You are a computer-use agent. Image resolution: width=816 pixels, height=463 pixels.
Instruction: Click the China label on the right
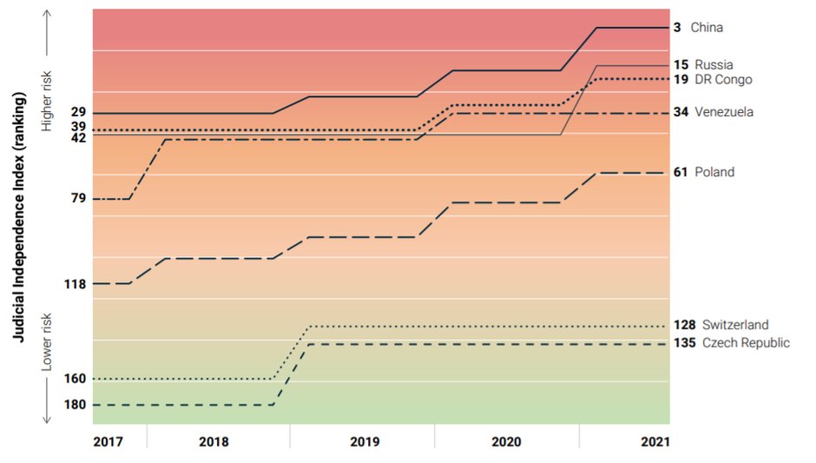[x=707, y=28]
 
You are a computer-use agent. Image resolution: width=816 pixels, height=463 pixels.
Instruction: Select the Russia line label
[x=714, y=64]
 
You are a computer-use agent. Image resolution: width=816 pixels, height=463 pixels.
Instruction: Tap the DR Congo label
[x=723, y=79]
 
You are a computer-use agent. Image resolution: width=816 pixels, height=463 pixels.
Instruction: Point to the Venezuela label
[x=723, y=112]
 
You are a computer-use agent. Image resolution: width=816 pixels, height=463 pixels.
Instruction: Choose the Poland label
[x=714, y=172]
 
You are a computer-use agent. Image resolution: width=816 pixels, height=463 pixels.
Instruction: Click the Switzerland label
[x=735, y=325]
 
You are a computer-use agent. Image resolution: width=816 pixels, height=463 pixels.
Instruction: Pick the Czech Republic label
[x=746, y=342]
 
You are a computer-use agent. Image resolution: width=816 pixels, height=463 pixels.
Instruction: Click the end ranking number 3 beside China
[x=677, y=28]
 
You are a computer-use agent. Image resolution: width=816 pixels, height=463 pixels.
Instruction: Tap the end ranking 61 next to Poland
[x=681, y=172]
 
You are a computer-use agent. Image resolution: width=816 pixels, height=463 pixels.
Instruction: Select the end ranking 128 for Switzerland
[x=684, y=325]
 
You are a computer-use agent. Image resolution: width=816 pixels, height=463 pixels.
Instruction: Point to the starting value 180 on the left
[x=76, y=405]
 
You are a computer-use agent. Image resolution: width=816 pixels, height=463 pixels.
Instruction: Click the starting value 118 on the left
[x=76, y=283]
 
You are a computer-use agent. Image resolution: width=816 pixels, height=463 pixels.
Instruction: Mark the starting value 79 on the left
[x=78, y=199]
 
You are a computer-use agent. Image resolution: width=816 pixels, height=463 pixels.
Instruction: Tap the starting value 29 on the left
[x=78, y=113]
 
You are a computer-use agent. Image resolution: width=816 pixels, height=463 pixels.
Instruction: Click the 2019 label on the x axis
[x=364, y=441]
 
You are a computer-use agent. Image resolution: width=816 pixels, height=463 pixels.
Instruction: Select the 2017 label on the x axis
[x=108, y=441]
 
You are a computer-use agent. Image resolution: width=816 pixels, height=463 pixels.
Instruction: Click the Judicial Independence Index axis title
[x=18, y=216]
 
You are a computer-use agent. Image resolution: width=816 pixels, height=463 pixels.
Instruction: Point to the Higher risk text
[x=48, y=103]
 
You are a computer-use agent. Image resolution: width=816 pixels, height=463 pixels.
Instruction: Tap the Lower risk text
[x=48, y=341]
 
